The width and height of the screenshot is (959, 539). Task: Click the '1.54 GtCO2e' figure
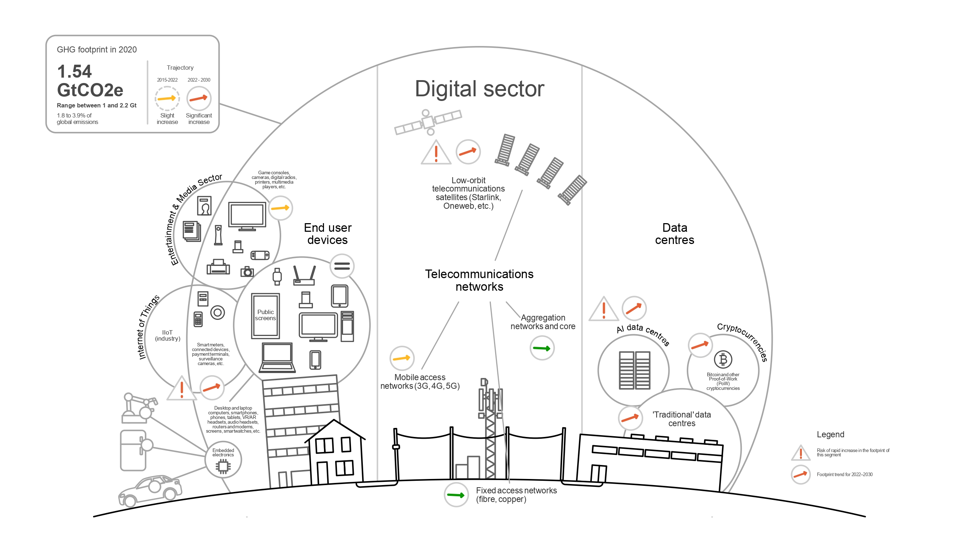(90, 81)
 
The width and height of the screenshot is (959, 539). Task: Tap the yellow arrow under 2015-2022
(167, 98)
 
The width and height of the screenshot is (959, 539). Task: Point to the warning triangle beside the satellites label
(435, 153)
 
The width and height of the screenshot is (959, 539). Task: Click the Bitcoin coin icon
(723, 360)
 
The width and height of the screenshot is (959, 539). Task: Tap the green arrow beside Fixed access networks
(456, 495)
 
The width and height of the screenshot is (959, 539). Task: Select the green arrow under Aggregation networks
(542, 348)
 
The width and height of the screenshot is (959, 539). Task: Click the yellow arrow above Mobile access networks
(402, 358)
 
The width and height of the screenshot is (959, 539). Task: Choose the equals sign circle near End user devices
(342, 266)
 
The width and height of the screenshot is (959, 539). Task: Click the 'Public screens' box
(265, 315)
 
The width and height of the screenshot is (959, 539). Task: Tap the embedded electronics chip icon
(223, 466)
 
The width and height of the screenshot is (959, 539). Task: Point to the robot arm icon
(138, 409)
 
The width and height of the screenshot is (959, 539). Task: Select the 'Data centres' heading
(674, 234)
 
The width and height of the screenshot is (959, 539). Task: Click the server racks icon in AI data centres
(634, 370)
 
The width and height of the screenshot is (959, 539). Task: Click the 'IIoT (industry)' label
(168, 335)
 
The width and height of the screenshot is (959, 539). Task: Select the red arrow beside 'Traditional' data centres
(630, 418)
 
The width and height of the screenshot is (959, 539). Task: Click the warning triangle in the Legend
(800, 453)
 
